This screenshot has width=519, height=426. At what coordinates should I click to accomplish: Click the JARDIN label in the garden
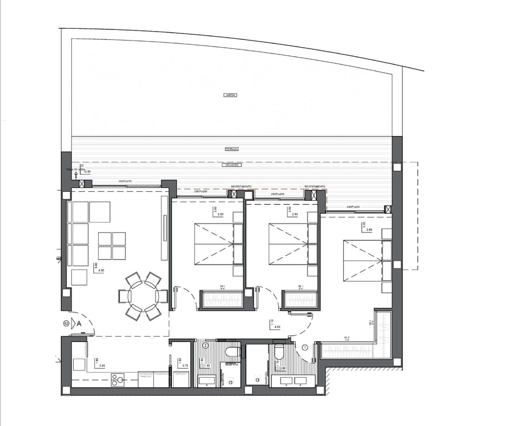coord(230,95)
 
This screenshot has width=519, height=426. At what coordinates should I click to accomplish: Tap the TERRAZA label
coord(231,149)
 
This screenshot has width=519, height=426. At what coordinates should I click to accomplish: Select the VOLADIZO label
coord(231,165)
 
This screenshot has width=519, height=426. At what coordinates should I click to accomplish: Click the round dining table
coord(143,296)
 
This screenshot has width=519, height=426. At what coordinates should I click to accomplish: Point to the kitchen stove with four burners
coord(118,380)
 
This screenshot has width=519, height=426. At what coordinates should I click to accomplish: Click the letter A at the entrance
coord(79,323)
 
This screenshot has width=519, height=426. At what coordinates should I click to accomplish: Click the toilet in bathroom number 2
coord(233,351)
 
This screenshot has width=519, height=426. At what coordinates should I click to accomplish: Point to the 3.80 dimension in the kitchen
coord(102,366)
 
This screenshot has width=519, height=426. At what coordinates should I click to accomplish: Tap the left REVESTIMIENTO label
coord(241,186)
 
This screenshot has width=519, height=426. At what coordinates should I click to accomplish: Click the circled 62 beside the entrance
coord(66,323)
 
